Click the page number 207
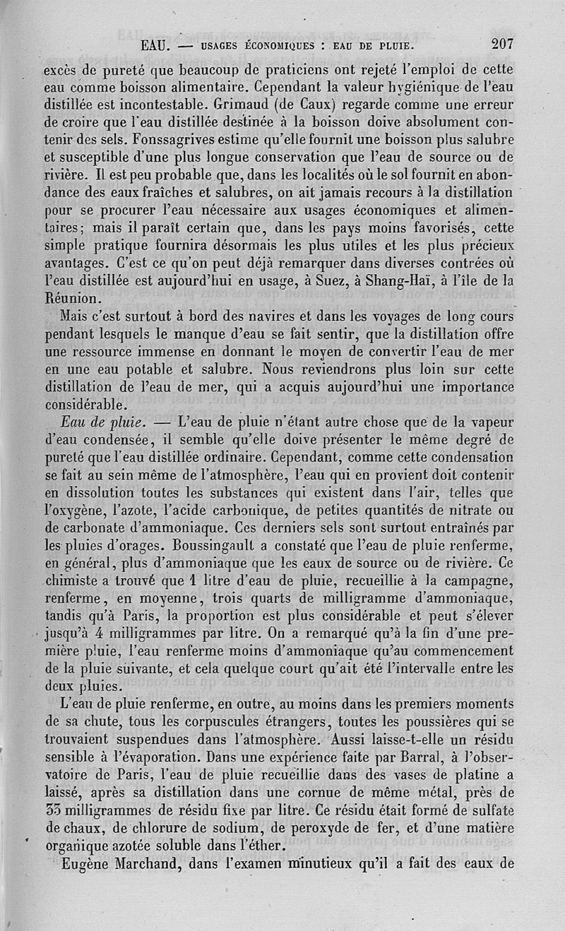pyautogui.click(x=502, y=44)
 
